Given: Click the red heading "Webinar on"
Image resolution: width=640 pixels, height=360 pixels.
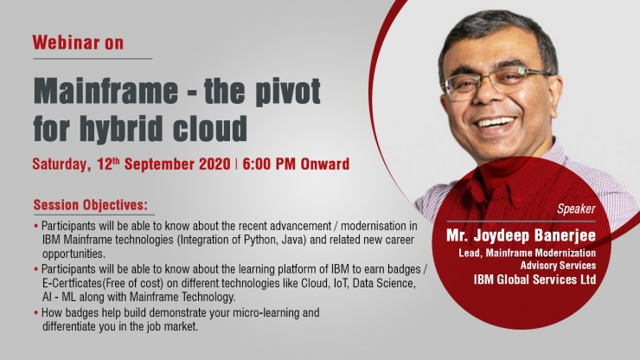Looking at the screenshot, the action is pos(78,42).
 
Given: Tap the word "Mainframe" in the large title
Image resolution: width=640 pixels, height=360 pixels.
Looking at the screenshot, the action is pos(106,91).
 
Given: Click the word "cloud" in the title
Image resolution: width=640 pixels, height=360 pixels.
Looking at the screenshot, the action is pos(210,128).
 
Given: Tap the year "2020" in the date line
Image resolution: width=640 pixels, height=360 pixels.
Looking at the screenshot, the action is pos(214,164).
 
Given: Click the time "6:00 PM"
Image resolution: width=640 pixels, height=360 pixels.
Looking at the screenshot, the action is pos(269,164).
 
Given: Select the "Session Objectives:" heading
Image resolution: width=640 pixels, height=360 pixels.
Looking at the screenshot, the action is pos(91,205).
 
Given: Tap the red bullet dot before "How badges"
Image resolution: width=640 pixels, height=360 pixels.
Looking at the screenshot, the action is pos(36,313).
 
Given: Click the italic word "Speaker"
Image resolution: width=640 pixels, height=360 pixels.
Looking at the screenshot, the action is pos(576,209).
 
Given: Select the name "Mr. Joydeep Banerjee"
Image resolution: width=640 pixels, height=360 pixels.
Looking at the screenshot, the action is pos(521,235).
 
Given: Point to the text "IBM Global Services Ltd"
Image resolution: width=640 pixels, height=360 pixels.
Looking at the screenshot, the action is pos(534,280).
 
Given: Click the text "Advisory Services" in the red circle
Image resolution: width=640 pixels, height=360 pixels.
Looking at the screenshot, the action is pos(558,266).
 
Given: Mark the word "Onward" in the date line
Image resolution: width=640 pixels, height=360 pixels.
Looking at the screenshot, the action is pos(325,164).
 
